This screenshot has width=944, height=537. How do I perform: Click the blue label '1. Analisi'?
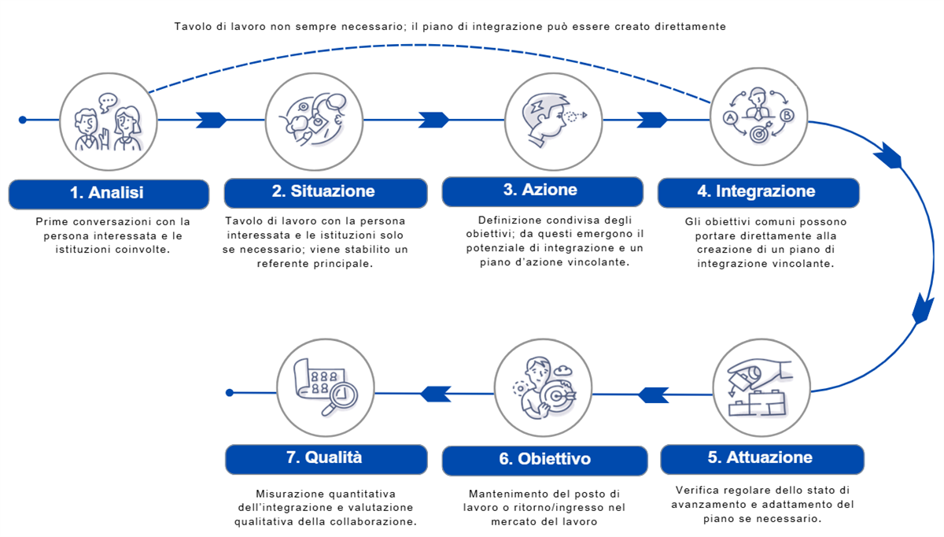109,194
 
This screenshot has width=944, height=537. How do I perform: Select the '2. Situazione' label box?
325,192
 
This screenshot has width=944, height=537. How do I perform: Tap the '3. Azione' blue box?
541,191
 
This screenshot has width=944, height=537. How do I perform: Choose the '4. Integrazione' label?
758,192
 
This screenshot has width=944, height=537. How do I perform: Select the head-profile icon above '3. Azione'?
552,120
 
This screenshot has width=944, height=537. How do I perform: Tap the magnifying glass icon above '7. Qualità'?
326,387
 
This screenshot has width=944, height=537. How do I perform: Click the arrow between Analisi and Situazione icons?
210,120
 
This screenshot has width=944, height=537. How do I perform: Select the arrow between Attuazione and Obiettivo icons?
652,392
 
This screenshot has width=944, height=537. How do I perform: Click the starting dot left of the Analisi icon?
23,120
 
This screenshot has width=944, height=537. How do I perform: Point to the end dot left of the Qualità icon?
229,392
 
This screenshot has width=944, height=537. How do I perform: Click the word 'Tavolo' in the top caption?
194,27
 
